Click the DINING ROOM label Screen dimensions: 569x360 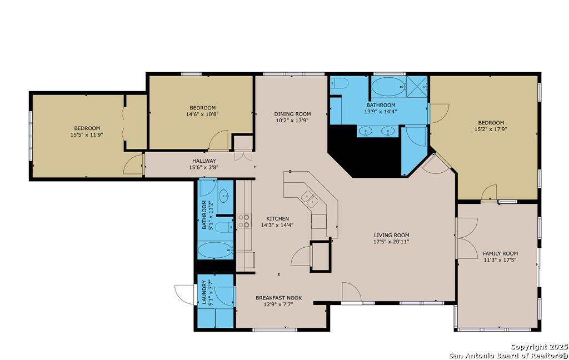pos(292,114)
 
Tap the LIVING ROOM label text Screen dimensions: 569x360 pos(392,235)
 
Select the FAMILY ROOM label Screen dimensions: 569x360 pos(500,253)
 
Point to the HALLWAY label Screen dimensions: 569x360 pos(204,161)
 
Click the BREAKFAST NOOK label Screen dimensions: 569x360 pos(279,298)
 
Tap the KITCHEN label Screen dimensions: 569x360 pos(278,218)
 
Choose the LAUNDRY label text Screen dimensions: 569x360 pos(204,292)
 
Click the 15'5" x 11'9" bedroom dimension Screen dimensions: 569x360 pos(87,134)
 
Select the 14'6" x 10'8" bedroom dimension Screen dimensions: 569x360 pos(202,114)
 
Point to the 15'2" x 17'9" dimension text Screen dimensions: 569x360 pos(491,129)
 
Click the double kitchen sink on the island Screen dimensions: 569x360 pos(310,198)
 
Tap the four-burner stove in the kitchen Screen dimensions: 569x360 pos(244,221)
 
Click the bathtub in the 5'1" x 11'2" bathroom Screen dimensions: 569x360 pos(216,251)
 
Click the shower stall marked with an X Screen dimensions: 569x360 pos(417,87)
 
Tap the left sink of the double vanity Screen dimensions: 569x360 pos(366,131)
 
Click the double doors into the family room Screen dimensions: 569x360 pos(466,238)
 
